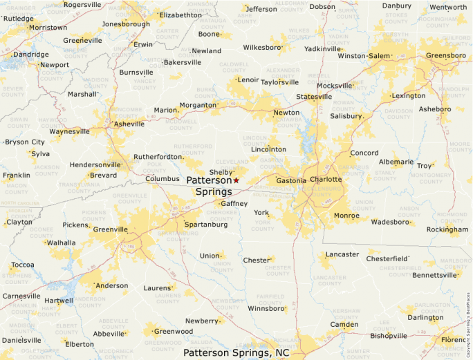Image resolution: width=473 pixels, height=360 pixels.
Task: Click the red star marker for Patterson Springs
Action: pyautogui.click(x=236, y=180)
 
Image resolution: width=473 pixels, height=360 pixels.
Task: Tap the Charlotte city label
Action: pyautogui.click(x=325, y=180)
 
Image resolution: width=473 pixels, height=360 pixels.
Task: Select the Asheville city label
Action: pyautogui.click(x=129, y=124)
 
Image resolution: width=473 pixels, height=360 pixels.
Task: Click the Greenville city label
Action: pyautogui.click(x=111, y=229)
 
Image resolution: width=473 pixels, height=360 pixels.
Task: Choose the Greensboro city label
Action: pyautogui.click(x=445, y=55)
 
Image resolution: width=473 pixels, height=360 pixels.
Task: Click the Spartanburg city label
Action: pyautogui.click(x=206, y=225)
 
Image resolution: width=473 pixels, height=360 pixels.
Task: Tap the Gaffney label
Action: pyautogui.click(x=234, y=204)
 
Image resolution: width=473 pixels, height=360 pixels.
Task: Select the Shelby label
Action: pyautogui.click(x=221, y=173)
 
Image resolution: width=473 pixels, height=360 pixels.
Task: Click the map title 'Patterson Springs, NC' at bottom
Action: pyautogui.click(x=236, y=352)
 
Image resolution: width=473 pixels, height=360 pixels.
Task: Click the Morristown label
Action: pyautogui.click(x=48, y=28)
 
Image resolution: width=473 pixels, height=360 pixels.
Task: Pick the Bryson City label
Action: pyautogui.click(x=25, y=142)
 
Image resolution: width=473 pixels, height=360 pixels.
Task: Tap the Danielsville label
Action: pyautogui.click(x=22, y=340)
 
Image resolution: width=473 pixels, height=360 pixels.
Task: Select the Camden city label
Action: pyautogui.click(x=344, y=324)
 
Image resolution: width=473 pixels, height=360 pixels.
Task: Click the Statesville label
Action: pyautogui.click(x=313, y=97)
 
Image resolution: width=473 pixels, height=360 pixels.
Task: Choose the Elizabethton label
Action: pyautogui.click(x=180, y=15)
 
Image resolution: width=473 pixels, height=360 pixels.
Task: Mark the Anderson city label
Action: pyautogui.click(x=111, y=285)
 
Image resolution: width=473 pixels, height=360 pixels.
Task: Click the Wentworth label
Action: pyautogui.click(x=448, y=8)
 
